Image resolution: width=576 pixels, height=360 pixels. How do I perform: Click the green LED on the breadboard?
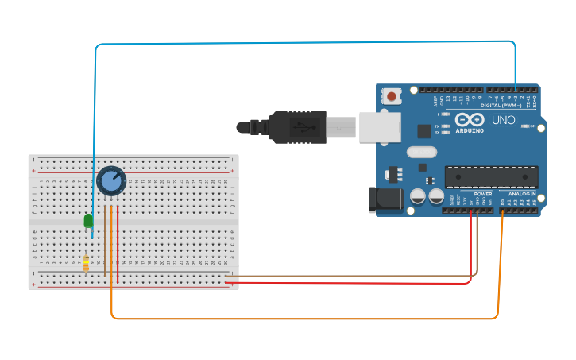[88, 221]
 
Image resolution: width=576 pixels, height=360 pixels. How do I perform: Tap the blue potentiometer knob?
[111, 180]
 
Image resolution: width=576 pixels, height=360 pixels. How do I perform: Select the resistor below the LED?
[86, 262]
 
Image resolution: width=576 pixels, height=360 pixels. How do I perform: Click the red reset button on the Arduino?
[391, 97]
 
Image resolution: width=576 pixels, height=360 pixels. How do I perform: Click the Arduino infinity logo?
[470, 120]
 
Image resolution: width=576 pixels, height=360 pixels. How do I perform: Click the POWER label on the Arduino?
[482, 194]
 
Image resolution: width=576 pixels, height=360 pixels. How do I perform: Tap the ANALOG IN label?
[521, 194]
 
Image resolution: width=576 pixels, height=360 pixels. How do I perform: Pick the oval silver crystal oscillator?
[421, 152]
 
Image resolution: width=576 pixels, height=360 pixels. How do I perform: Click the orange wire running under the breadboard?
[302, 319]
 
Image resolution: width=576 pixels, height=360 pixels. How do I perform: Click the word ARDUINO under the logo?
[470, 130]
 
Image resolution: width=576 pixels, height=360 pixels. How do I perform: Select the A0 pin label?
[504, 203]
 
